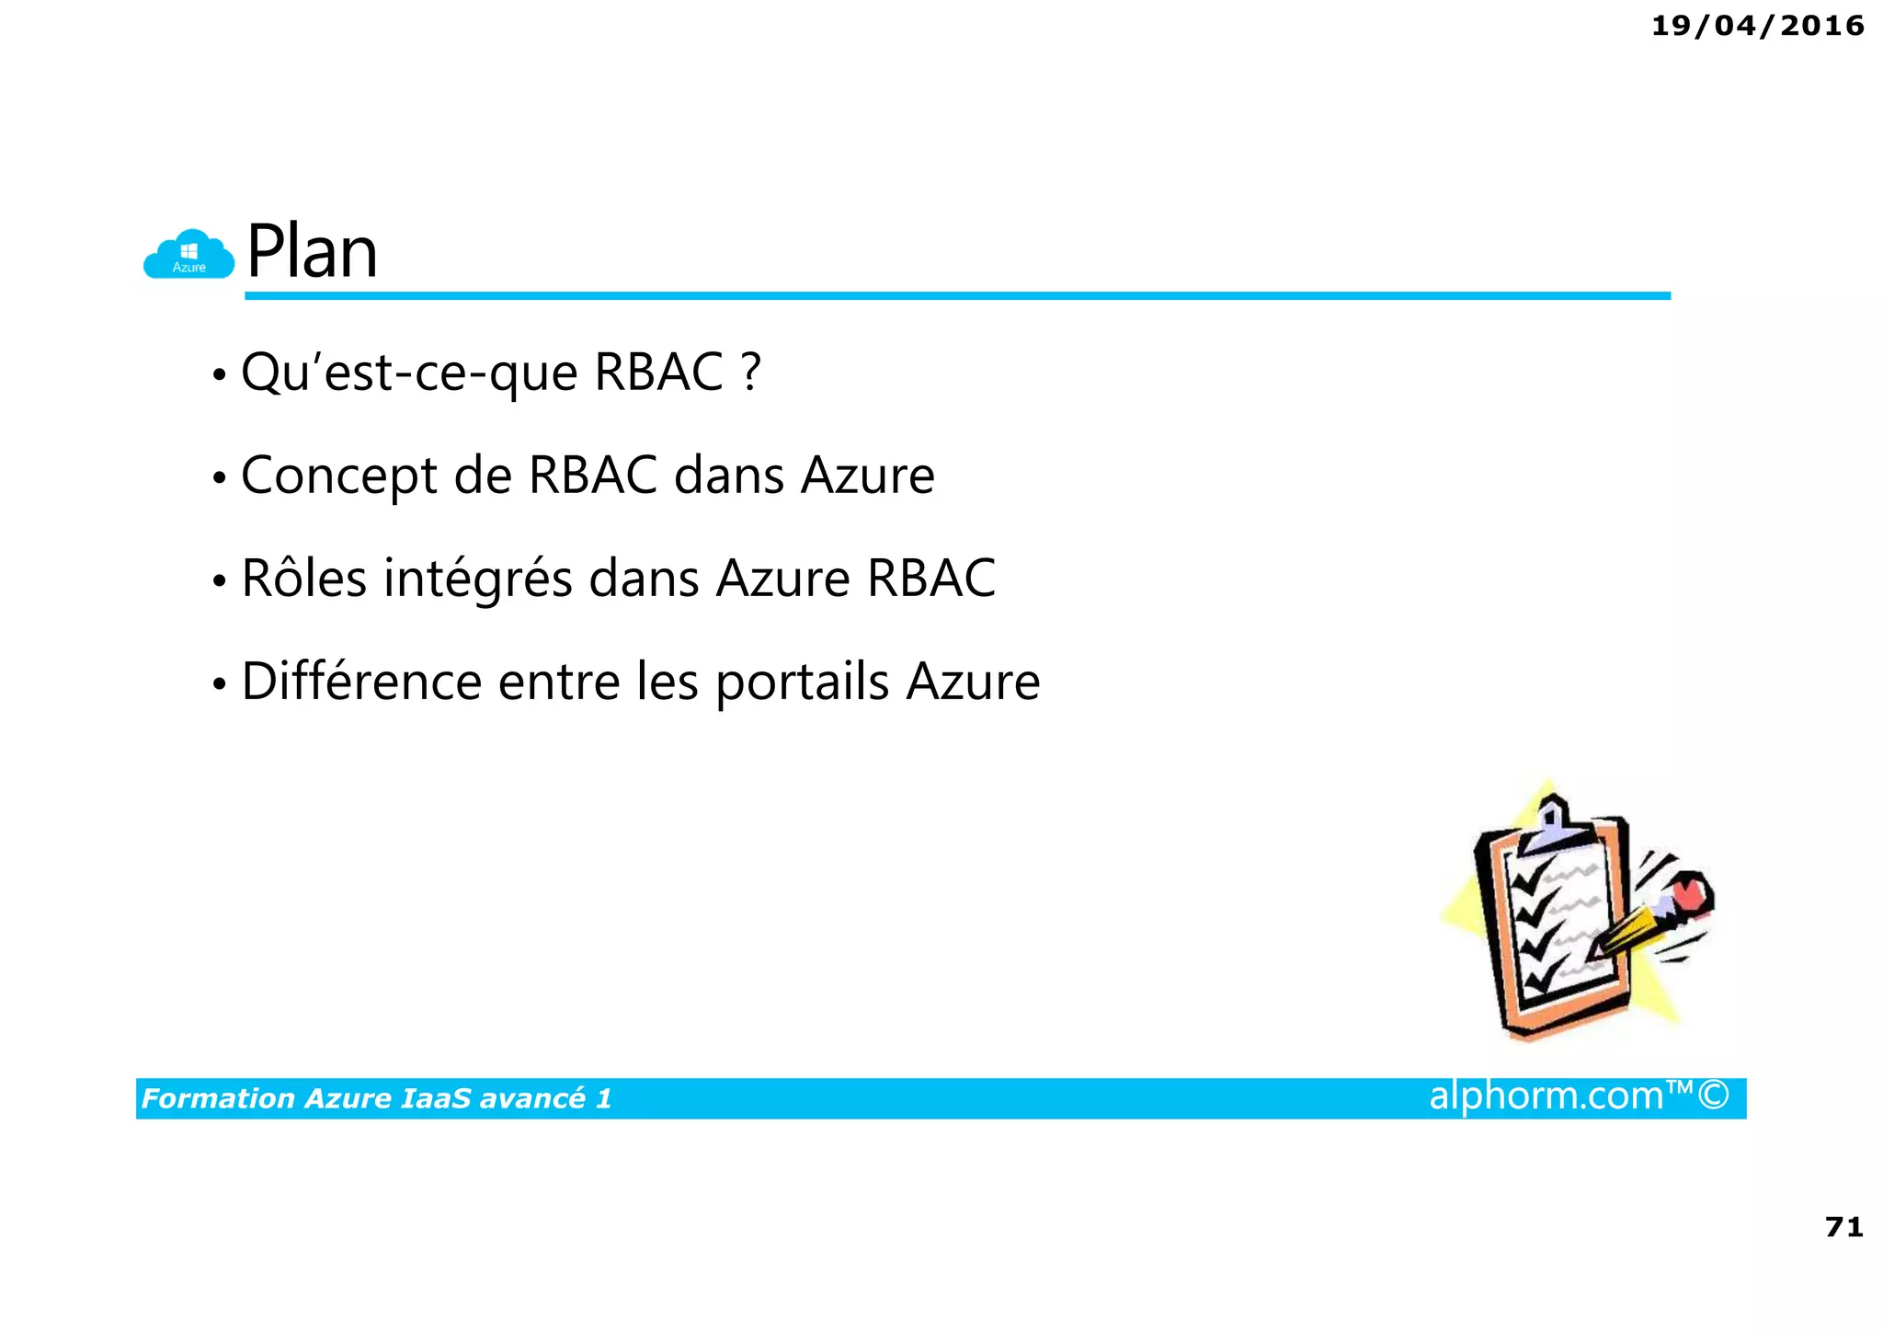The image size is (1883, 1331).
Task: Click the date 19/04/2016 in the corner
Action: point(1757,26)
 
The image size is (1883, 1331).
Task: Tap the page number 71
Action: point(1843,1227)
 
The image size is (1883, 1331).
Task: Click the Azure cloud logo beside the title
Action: point(188,255)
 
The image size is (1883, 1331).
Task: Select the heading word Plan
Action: point(312,252)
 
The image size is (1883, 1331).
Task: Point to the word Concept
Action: point(338,476)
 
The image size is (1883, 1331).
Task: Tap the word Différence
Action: point(361,682)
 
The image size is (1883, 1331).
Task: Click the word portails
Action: point(802,683)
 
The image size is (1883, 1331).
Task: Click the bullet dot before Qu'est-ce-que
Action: point(219,376)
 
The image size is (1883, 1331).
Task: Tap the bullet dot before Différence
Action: point(219,685)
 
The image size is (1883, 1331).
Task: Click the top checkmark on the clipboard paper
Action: point(1530,878)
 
